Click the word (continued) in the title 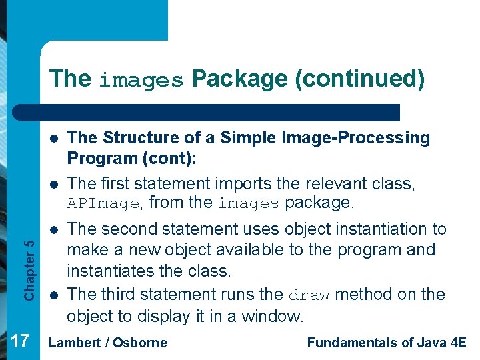(x=361, y=79)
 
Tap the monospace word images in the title (x=141, y=81)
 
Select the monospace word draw (x=311, y=295)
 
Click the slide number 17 (x=20, y=341)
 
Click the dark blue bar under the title (x=220, y=112)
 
